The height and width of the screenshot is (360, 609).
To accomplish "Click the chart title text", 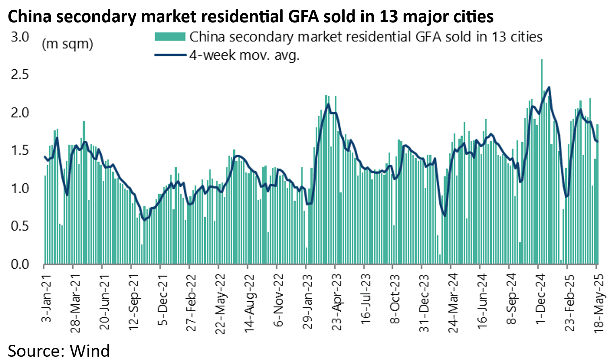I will pos(251,17).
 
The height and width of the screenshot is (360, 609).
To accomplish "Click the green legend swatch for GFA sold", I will pos(170,37).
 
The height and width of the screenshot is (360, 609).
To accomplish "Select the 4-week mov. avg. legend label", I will pos(244,55).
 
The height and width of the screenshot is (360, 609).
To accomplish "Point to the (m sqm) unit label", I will pos(67,44).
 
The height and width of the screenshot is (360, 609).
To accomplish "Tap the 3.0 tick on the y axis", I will pos(20,37).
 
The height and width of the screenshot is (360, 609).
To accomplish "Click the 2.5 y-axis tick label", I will pos(20,74).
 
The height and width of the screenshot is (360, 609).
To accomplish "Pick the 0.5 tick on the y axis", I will pos(20,226).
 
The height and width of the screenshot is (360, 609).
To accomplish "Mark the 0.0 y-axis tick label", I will pos(20,264).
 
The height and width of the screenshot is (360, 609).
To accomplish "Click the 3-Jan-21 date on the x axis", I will pos(47,298).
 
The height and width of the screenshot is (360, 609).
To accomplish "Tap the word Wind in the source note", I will pos(89,351).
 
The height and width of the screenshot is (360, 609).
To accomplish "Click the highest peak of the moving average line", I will pos(549,87).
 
